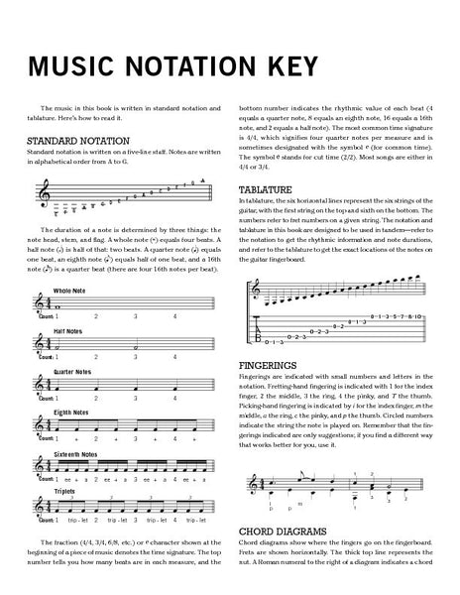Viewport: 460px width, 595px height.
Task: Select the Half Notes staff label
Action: pos(68,330)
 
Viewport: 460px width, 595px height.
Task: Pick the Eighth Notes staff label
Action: pos(70,410)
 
